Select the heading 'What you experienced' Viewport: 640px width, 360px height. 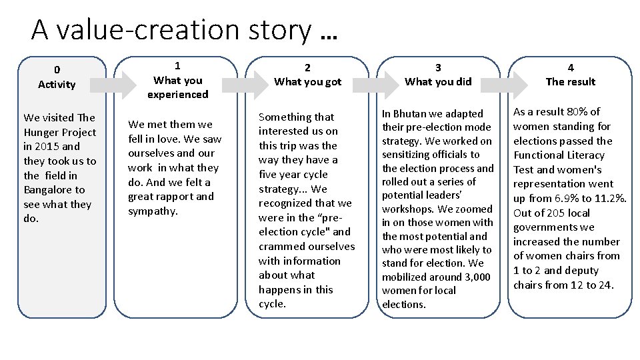pos(177,87)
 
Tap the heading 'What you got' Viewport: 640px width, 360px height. pos(307,82)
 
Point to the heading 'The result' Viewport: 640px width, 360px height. pos(570,82)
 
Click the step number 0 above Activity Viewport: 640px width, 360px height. pos(57,69)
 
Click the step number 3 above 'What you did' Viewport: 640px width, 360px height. pos(438,67)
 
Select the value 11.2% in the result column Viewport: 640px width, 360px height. pos(609,199)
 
